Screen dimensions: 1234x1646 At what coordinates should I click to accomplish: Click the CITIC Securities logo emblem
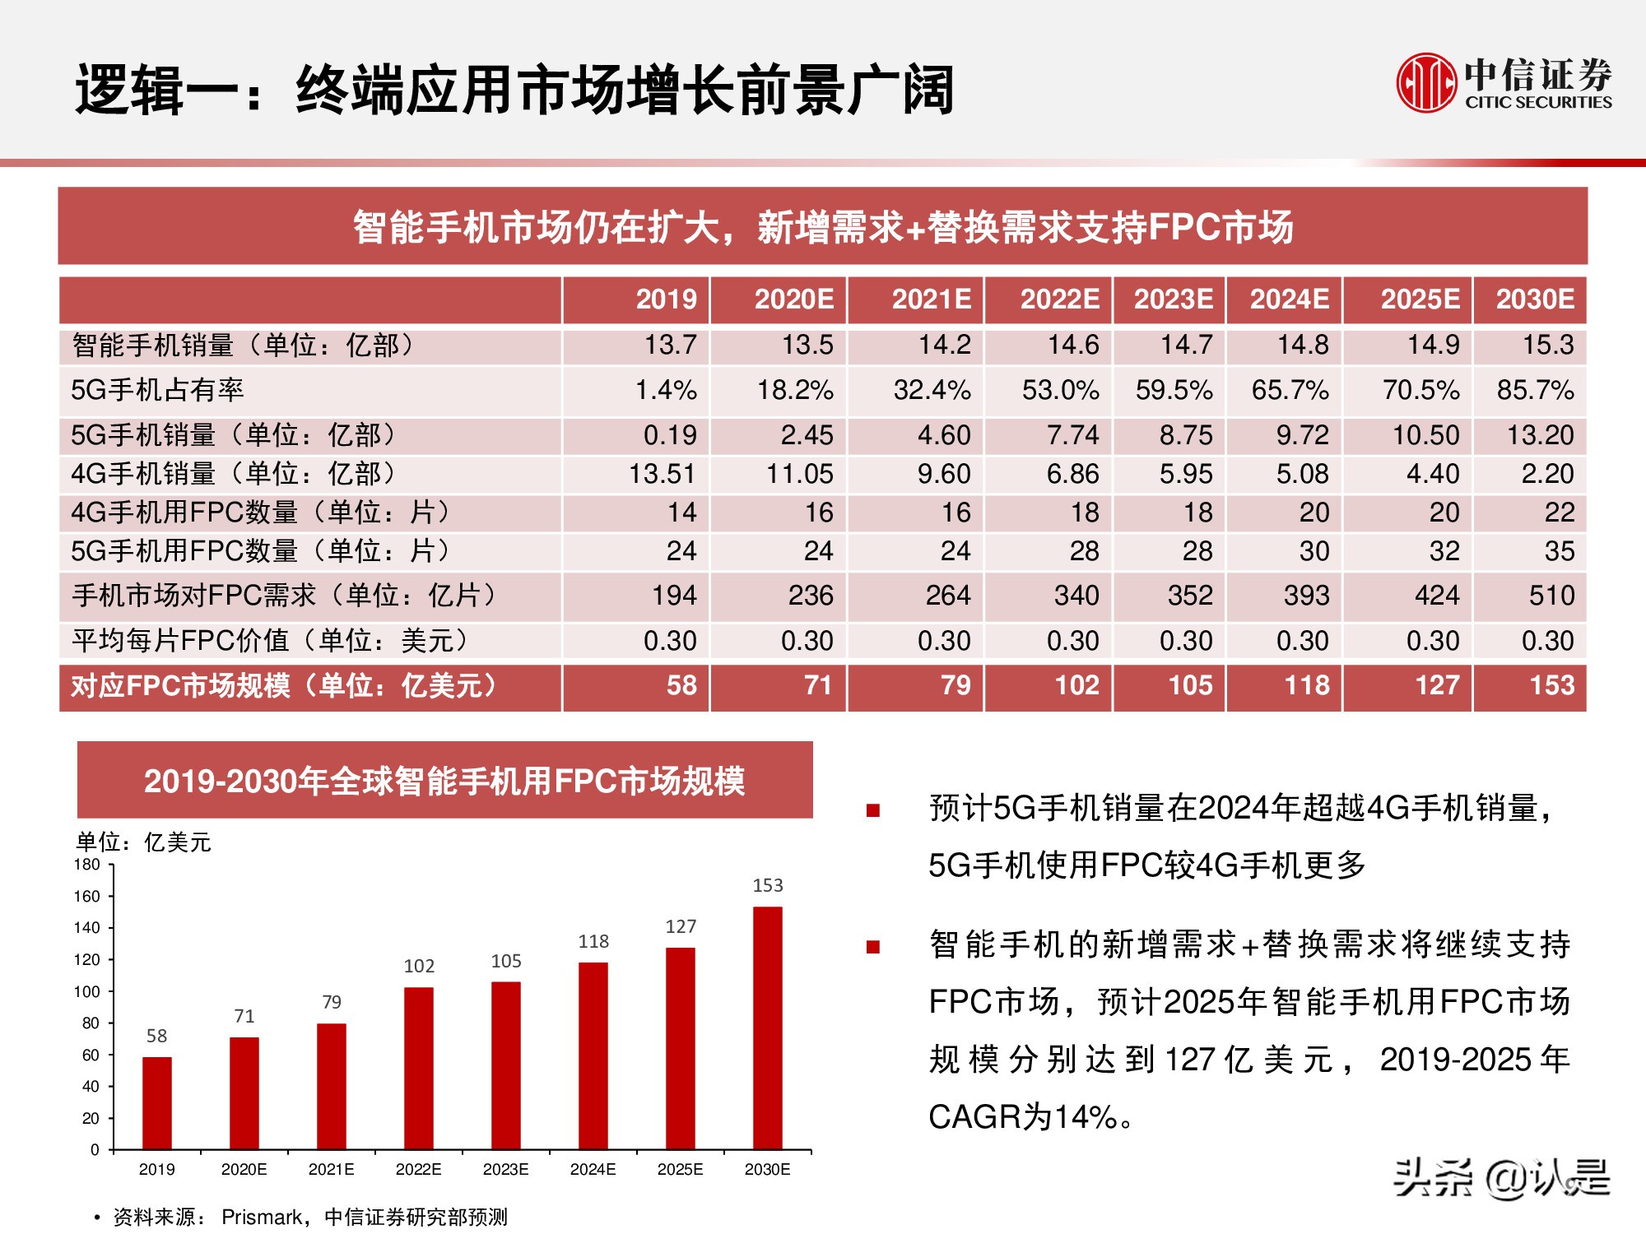[1426, 82]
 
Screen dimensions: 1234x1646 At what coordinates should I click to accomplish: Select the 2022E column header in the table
[1059, 299]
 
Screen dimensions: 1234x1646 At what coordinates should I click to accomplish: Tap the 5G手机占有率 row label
[157, 390]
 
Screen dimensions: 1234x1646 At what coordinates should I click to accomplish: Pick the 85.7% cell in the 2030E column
[1535, 390]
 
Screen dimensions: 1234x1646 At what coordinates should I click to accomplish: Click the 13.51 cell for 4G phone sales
[663, 475]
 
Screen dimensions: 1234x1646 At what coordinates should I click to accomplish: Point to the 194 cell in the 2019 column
[674, 596]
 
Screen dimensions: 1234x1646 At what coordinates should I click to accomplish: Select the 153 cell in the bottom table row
[1551, 685]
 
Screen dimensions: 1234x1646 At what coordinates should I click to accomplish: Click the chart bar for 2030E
[767, 1028]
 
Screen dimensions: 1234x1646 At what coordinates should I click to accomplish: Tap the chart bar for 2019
[156, 1102]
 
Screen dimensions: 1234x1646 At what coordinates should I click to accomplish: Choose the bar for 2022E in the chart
[418, 1068]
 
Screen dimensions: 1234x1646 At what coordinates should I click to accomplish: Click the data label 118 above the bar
[593, 941]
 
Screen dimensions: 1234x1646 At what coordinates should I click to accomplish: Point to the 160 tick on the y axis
[87, 897]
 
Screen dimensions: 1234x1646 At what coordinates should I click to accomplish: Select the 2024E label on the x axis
[593, 1170]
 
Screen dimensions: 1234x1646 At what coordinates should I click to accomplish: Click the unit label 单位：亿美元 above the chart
[143, 842]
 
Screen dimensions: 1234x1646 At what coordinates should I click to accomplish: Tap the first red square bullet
[873, 811]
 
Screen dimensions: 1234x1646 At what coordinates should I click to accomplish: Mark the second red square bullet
[873, 947]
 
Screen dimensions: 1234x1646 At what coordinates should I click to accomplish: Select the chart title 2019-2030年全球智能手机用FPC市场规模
[444, 781]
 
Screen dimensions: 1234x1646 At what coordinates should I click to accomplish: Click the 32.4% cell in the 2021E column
[932, 390]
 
